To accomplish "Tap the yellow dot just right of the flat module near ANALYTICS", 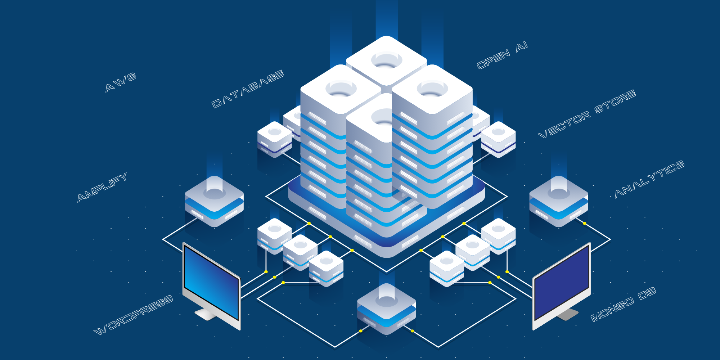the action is [584, 224].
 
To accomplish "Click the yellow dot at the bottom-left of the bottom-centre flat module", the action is [361, 331].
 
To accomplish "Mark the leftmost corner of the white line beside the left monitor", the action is [163, 239].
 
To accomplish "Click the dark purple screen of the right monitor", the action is [561, 283].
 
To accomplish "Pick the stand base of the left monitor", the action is [206, 314].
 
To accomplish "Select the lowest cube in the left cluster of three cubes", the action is [326, 269].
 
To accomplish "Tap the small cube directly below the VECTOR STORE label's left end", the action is [498, 139].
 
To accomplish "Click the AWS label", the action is [121, 82].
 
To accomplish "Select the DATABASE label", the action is [248, 89].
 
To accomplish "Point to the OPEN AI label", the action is [502, 55].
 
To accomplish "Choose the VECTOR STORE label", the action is [587, 114].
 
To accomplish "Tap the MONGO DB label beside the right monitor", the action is [623, 304].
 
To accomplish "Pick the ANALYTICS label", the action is [649, 179].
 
